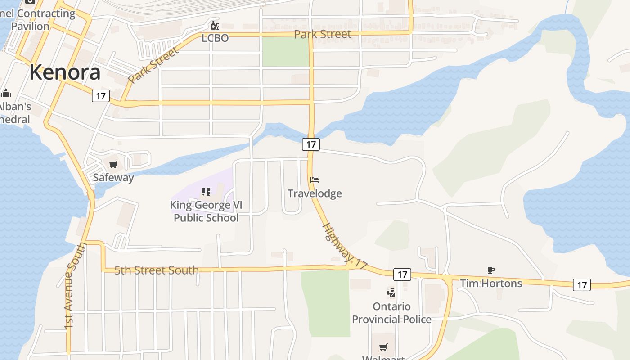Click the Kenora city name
tap(65, 72)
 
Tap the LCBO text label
tap(215, 38)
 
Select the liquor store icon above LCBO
tap(215, 25)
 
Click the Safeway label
tap(113, 177)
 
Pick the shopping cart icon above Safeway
tap(113, 165)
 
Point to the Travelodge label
tap(315, 193)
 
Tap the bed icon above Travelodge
tap(315, 180)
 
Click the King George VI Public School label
tap(206, 211)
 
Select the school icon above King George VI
tap(206, 192)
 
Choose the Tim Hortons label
tap(491, 283)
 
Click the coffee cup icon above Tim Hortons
tap(491, 270)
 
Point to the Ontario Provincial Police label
tap(391, 313)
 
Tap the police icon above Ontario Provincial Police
tap(391, 293)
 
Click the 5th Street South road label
tap(156, 270)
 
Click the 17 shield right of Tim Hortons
tap(582, 284)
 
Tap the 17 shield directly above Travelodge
tap(310, 144)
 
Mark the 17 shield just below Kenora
tap(101, 95)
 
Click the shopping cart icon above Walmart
tap(383, 347)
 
